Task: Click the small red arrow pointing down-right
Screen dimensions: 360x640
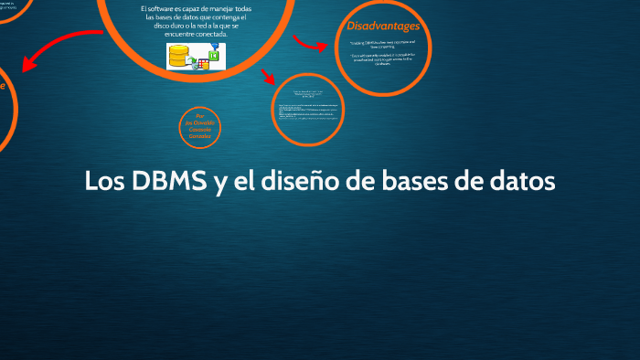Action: tap(268, 76)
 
